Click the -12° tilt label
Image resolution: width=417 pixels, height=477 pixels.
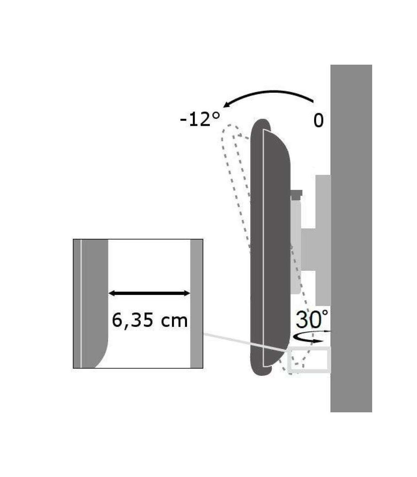200,119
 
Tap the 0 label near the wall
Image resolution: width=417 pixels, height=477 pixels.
318,121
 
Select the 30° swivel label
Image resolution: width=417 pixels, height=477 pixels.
312,319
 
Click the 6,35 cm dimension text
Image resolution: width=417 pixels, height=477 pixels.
149,321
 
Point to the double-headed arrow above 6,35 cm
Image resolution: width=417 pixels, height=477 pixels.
149,293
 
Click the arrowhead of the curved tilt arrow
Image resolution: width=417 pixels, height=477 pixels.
227,105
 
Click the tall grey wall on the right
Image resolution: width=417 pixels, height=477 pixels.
351,238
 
